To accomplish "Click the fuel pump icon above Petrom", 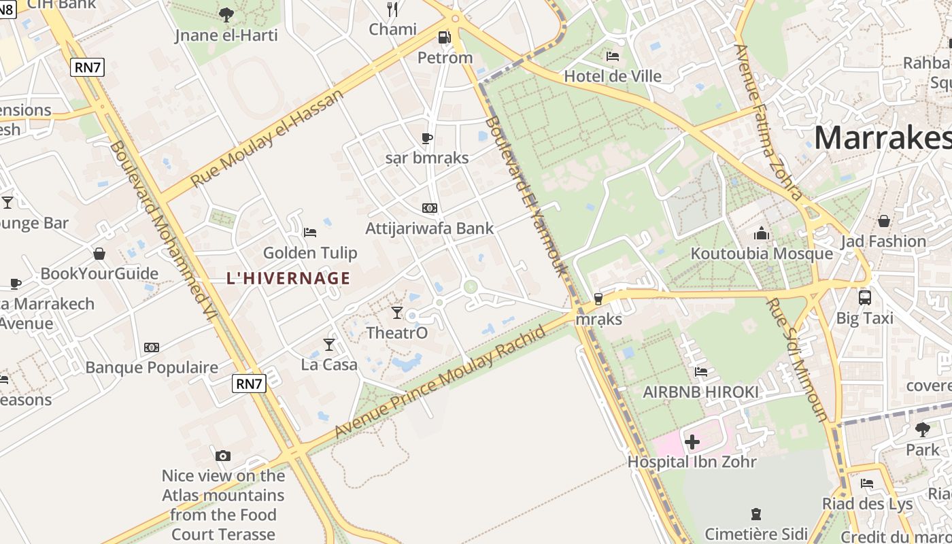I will coord(444,37).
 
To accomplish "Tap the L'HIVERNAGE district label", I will coord(288,277).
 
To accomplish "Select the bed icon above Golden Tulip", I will coord(310,233).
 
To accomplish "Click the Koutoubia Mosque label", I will coord(762,254).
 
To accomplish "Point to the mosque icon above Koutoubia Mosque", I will coord(762,234).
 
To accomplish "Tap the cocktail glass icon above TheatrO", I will coord(397,312).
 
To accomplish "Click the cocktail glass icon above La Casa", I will coord(329,344).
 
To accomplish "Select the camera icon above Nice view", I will coord(222,456).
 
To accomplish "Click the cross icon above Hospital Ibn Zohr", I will coord(692,442).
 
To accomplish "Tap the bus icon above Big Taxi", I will coord(864,297).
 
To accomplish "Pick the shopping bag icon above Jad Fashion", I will coord(883,221).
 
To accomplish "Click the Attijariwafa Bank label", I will coord(430,228).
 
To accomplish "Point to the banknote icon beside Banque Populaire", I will coord(152,347).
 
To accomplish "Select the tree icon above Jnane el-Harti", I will coord(226,14).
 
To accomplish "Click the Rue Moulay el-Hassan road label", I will coord(267,139).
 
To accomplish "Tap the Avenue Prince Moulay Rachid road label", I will coord(440,383).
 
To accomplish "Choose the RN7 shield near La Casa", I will coord(248,384).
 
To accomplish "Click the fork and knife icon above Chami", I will coord(392,9).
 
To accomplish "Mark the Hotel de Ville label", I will coord(613,75).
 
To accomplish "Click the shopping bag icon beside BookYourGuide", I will coord(99,254).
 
